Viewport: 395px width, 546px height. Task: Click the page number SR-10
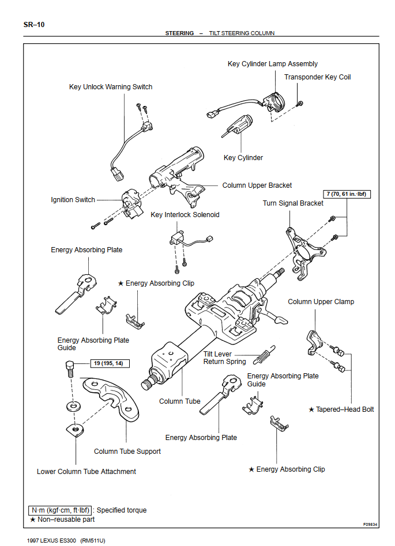click(x=34, y=24)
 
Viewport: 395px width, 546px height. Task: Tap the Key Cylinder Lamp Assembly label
click(x=272, y=64)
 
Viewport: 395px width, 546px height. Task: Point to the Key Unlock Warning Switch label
click(x=111, y=87)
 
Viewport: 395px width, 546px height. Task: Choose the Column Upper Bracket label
click(x=257, y=185)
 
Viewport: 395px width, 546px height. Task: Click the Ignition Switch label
click(x=73, y=200)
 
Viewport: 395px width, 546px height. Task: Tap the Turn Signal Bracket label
click(x=293, y=203)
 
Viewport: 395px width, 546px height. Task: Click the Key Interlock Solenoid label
click(x=185, y=215)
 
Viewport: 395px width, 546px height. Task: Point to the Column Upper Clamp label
click(x=321, y=302)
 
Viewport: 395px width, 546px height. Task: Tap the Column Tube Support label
click(x=127, y=452)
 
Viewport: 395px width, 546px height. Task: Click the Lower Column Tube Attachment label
click(x=86, y=472)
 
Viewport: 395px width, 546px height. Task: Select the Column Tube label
click(x=179, y=401)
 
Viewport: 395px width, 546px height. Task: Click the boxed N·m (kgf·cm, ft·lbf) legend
click(x=60, y=510)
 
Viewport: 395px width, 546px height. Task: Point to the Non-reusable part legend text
click(x=66, y=520)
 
